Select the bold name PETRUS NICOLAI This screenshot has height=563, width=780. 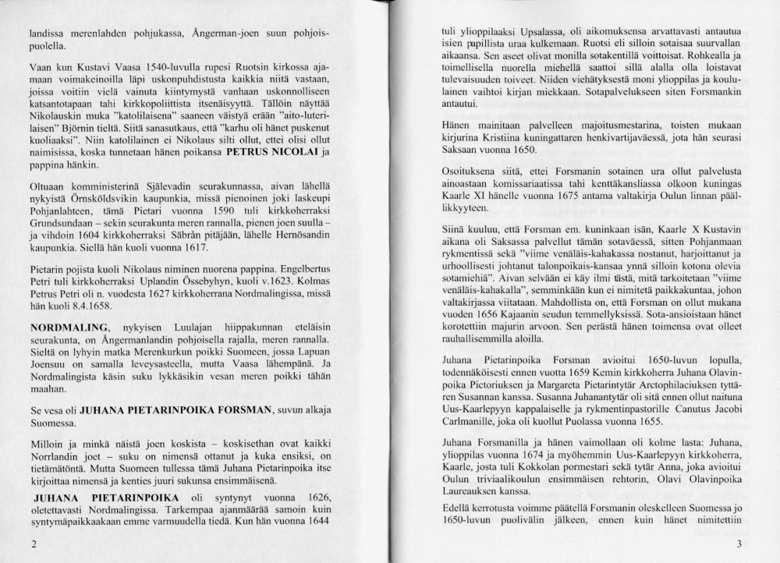point(266,152)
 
